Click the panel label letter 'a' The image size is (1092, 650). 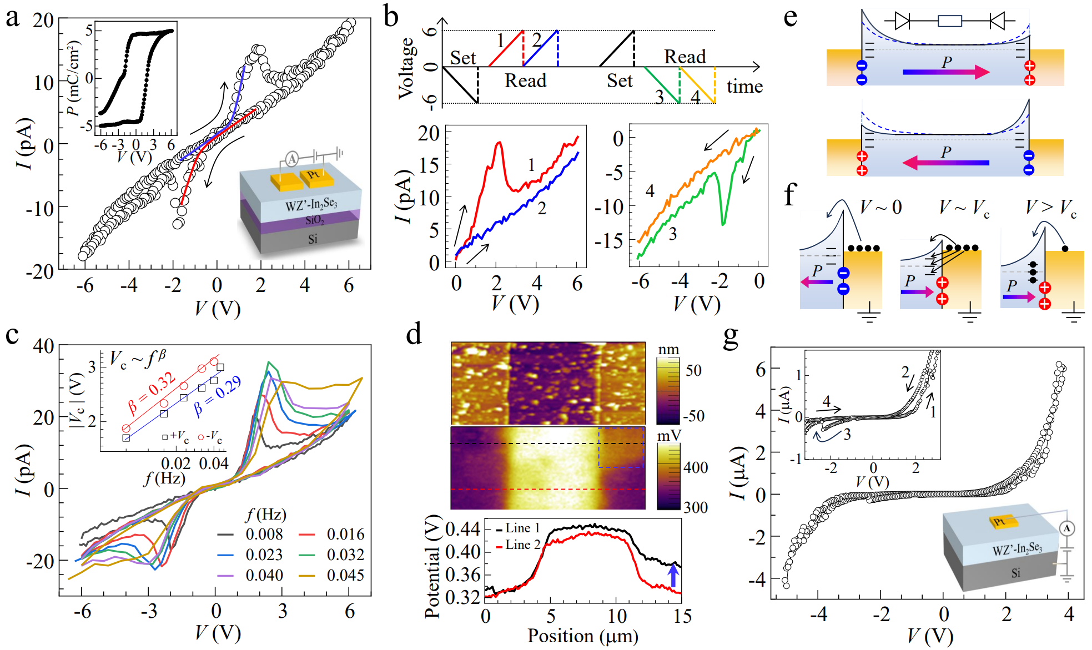click(12, 18)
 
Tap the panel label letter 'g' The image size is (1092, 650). click(731, 336)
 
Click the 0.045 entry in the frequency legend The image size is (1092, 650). click(345, 575)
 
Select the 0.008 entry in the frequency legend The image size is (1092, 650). click(264, 534)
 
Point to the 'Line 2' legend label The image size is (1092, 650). click(522, 545)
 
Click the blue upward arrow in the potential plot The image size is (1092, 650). click(673, 576)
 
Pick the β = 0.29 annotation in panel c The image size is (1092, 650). click(217, 396)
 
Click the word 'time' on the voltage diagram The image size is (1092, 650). click(744, 87)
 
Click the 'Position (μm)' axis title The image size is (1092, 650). click(582, 636)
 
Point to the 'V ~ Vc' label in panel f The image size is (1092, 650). click(964, 209)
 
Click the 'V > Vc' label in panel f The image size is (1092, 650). click(1050, 209)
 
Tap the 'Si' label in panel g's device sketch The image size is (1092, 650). click(1015, 573)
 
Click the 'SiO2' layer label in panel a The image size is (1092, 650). click(315, 220)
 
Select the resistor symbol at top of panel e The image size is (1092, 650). click(949, 22)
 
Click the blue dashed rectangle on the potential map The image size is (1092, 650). click(621, 447)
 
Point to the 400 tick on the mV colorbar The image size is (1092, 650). click(695, 467)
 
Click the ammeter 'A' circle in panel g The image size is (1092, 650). click(1066, 528)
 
